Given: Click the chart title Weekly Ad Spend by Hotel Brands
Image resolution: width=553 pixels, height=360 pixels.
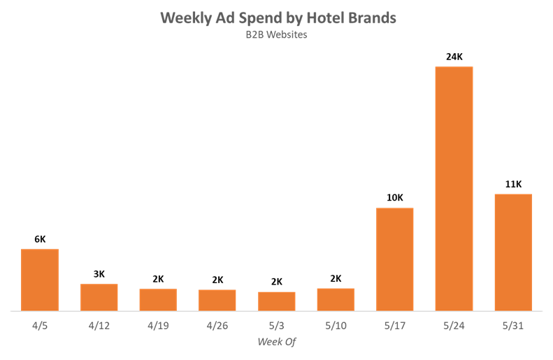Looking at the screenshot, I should [x=278, y=17].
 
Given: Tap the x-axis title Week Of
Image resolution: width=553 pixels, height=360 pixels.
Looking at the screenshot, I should [x=276, y=342].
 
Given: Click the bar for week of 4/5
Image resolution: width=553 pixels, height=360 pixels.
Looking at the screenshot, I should [x=40, y=280].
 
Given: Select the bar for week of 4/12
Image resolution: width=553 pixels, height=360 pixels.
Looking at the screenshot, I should [x=99, y=297].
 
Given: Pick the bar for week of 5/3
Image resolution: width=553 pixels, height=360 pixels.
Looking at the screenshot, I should [x=276, y=301].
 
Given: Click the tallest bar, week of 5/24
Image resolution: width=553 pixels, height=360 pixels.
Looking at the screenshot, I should [x=454, y=189].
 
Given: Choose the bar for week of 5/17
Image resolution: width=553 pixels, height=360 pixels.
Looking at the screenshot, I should [x=395, y=259].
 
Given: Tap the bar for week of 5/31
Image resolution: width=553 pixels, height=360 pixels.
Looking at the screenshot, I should [x=513, y=252].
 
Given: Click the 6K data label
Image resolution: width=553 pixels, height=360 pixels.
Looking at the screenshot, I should [x=40, y=239].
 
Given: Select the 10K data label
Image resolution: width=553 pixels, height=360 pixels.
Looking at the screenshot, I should [x=395, y=198].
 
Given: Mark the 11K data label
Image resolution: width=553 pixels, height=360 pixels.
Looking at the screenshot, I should [x=513, y=184].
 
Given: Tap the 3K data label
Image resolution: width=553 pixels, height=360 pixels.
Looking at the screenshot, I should [x=99, y=274].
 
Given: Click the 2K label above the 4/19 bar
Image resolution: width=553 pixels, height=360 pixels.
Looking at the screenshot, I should [x=158, y=279].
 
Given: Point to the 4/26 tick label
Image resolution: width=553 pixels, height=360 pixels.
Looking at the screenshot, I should [x=217, y=325].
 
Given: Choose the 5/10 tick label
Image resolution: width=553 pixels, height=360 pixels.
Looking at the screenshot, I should [x=336, y=325].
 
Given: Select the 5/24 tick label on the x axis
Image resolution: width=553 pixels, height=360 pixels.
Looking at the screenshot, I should [x=454, y=325].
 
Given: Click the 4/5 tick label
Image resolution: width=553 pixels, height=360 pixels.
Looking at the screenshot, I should [x=40, y=325].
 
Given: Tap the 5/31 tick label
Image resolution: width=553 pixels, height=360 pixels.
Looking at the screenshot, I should [x=513, y=325].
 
